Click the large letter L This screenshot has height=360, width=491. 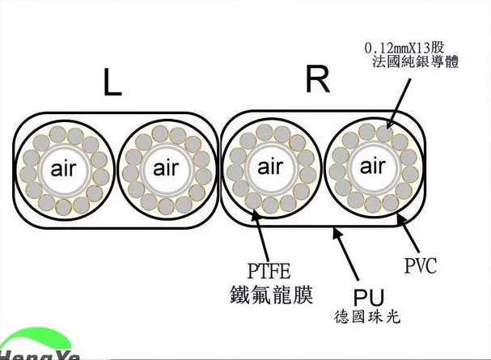(112, 82)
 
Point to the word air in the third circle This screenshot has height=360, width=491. (270, 168)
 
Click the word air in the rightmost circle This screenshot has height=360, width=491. (372, 167)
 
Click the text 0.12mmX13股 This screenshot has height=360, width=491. (413, 47)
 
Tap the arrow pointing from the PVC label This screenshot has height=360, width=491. (407, 231)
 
